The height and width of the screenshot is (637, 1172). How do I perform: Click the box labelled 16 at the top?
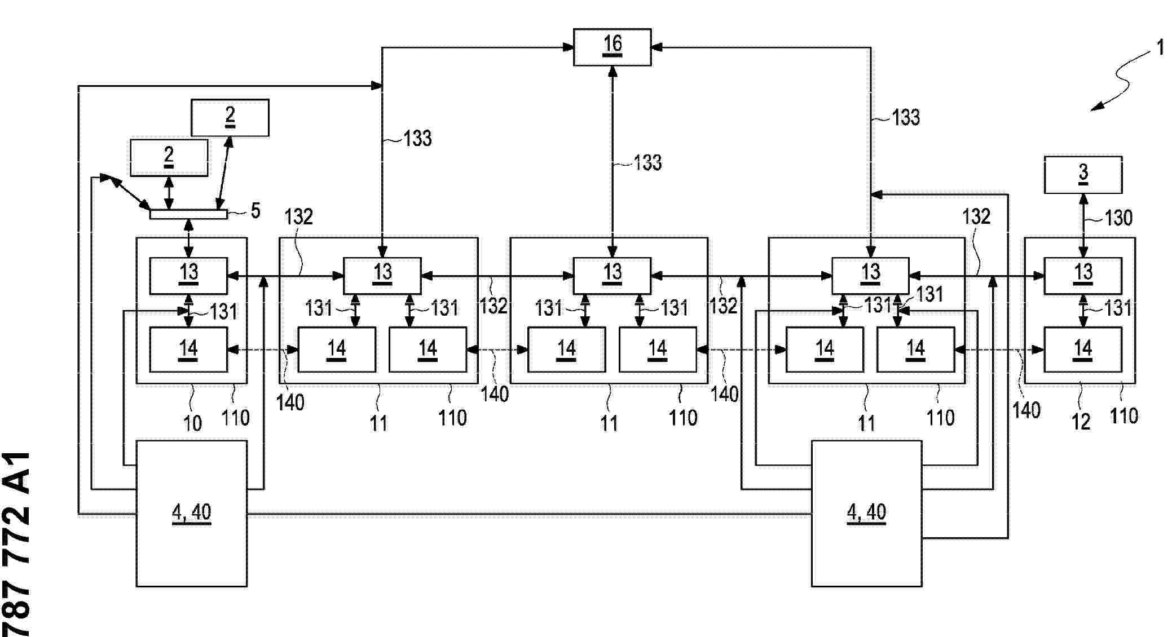(612, 47)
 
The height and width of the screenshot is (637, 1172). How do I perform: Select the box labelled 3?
(1083, 175)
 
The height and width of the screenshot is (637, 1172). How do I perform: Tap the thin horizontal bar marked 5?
(188, 214)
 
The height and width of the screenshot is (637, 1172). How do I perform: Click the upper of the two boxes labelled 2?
(230, 118)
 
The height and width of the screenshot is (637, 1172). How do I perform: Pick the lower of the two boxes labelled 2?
(169, 158)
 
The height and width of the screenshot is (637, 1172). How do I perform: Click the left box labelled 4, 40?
(191, 514)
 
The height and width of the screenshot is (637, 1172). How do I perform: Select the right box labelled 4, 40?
(866, 514)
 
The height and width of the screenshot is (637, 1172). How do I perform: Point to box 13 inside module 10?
(188, 276)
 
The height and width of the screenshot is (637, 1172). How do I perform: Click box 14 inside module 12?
(1083, 350)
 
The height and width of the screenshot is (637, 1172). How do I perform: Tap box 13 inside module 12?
(1083, 276)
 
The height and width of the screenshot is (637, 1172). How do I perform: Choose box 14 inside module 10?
(188, 350)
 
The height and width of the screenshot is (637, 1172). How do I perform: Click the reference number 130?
(1118, 218)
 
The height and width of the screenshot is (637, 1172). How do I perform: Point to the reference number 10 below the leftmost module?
(192, 423)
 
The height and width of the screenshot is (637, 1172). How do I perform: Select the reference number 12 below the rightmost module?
(1081, 422)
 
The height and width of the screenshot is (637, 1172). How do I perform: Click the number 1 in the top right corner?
(1160, 47)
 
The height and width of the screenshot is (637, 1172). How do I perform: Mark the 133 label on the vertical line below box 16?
(647, 163)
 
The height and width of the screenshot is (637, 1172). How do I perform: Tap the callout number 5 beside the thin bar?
(255, 211)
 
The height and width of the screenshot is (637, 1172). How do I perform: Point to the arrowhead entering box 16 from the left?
(569, 47)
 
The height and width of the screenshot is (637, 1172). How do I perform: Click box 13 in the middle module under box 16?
(612, 276)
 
